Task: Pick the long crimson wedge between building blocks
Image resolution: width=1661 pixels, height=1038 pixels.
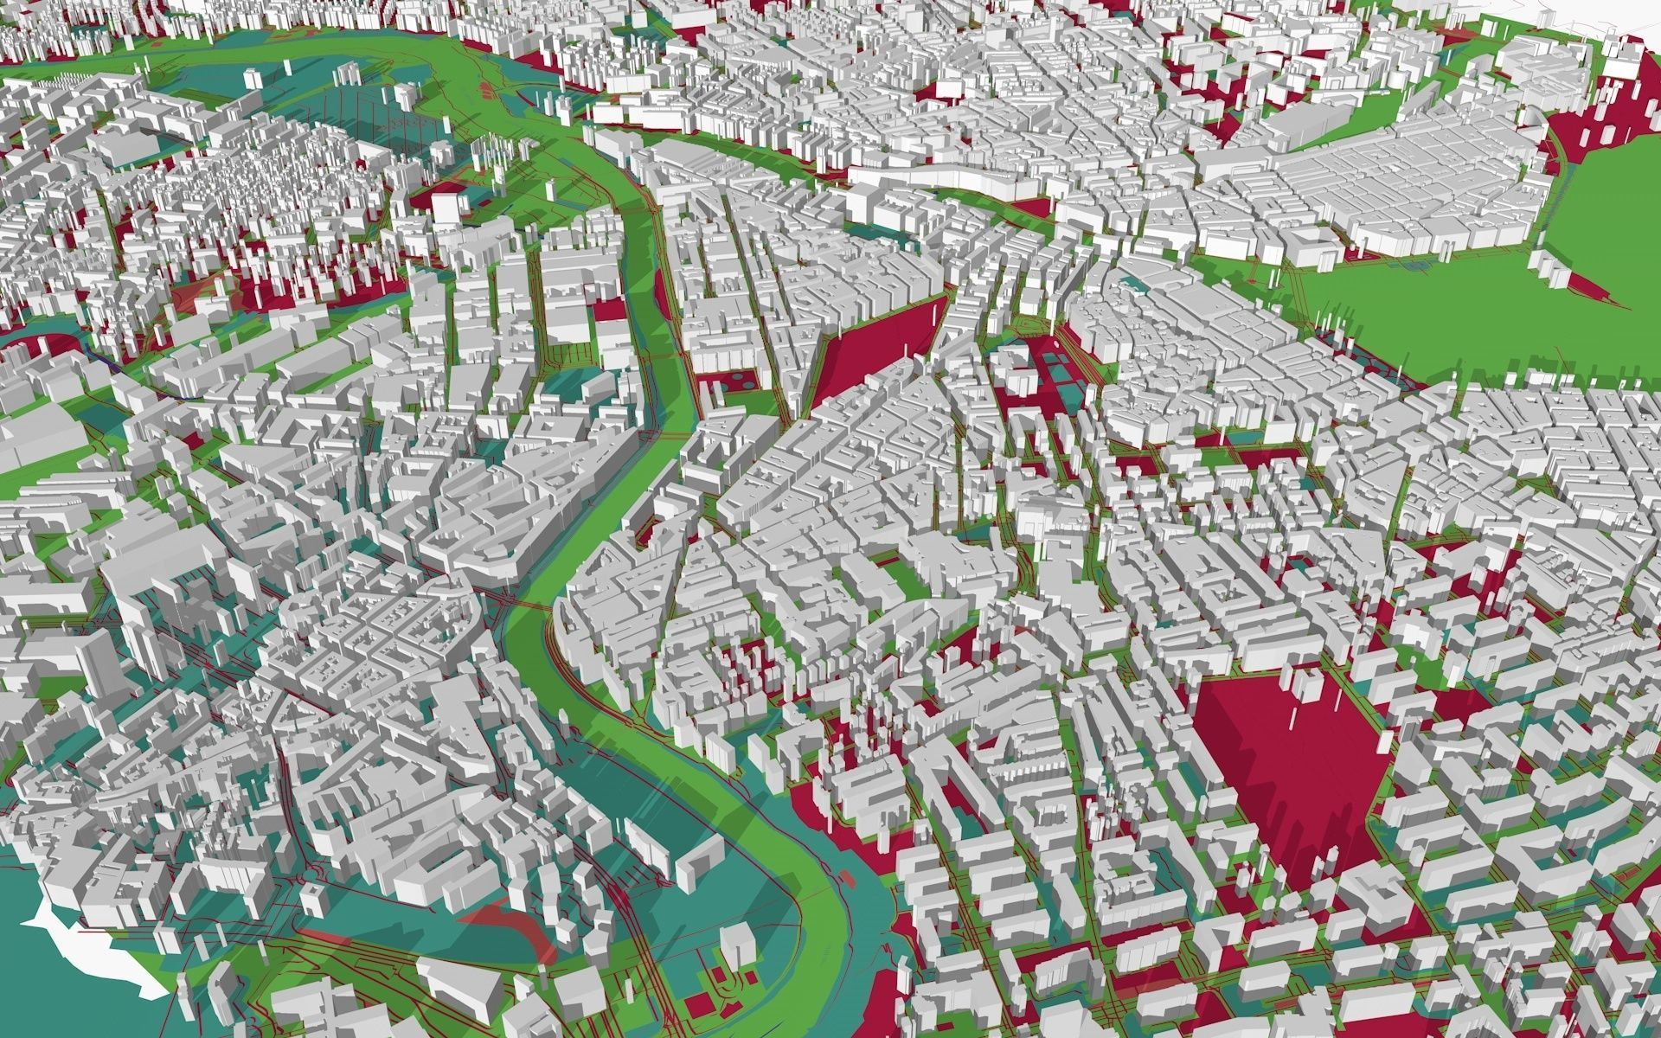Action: tap(874, 346)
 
